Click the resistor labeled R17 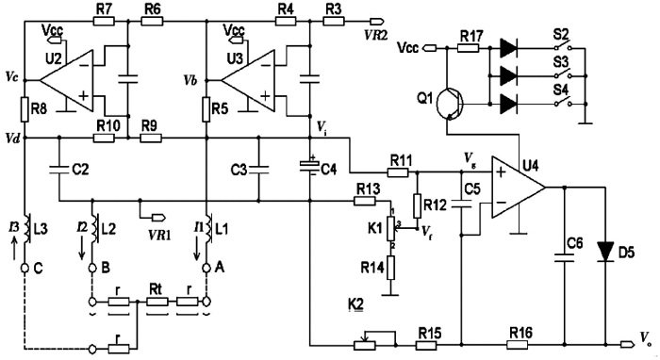pos(473,43)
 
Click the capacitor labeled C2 pos(58,171)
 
